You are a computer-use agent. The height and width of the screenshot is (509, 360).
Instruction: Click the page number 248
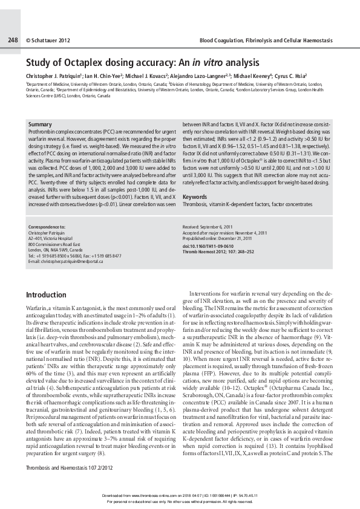coord(13,40)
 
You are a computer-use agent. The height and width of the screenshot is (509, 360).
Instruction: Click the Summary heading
coord(40,124)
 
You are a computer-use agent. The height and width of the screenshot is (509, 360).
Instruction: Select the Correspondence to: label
coord(48,227)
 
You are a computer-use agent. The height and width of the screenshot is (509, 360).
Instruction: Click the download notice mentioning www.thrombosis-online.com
coord(180,494)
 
